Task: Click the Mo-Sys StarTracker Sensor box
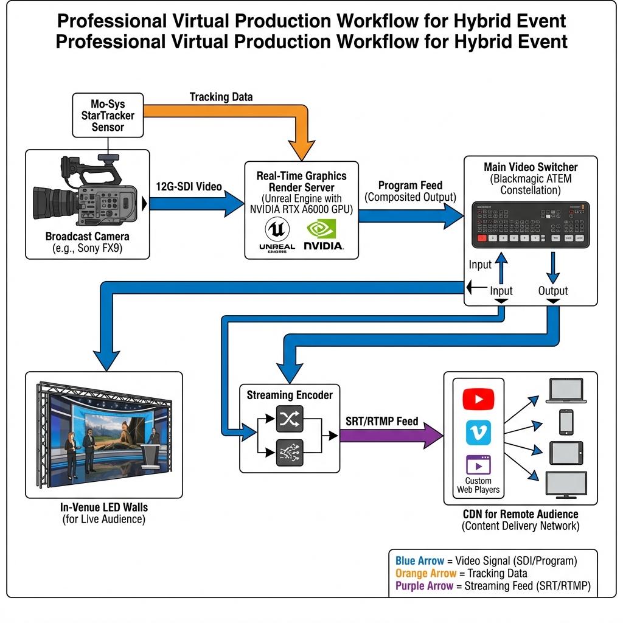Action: click(108, 115)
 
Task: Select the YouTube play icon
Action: click(478, 399)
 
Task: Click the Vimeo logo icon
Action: click(478, 433)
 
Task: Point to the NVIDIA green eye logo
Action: click(321, 229)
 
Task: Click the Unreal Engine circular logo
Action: click(277, 229)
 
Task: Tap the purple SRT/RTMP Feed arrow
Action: click(391, 436)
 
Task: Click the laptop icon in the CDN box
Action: click(566, 391)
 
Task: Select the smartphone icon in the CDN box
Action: click(566, 422)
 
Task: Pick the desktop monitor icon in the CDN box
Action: click(566, 485)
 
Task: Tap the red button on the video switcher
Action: click(482, 238)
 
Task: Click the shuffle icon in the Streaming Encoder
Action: click(290, 419)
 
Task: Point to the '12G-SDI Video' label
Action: click(189, 186)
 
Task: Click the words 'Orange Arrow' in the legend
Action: click(426, 573)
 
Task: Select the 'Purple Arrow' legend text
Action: click(424, 586)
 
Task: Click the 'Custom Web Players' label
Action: click(478, 485)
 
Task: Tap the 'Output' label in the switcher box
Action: click(552, 291)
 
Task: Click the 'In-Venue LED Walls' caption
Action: click(103, 507)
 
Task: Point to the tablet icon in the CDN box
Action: click(566, 453)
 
